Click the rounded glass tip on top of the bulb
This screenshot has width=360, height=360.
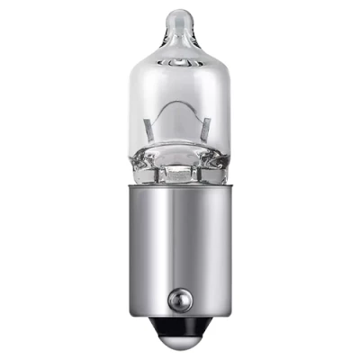181,17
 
